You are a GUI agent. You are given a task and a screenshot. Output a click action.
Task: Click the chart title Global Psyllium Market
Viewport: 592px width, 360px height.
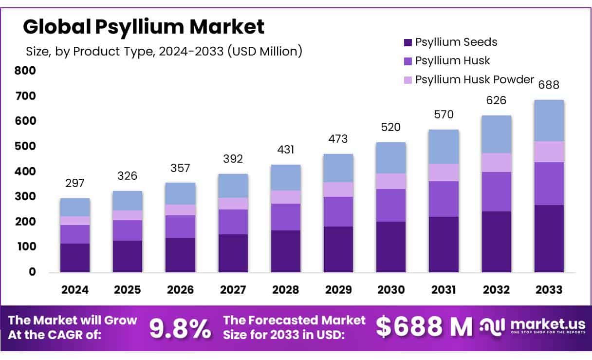point(144,27)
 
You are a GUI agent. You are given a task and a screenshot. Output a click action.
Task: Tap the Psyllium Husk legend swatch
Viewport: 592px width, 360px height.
point(408,61)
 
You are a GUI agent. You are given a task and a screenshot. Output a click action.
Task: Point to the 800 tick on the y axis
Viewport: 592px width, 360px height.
point(25,71)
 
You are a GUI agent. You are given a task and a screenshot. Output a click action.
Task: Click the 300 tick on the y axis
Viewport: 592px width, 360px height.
point(25,197)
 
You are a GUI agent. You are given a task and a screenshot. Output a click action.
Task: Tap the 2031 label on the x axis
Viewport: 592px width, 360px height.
point(444,290)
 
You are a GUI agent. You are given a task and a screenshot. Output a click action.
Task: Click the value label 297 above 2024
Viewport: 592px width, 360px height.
point(75,183)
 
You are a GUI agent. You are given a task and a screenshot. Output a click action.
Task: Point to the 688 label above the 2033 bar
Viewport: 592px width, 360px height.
point(549,85)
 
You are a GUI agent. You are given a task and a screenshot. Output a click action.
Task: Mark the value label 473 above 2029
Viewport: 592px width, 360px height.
point(338,139)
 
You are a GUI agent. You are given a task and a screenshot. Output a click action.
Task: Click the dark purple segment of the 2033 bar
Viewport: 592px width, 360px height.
point(549,239)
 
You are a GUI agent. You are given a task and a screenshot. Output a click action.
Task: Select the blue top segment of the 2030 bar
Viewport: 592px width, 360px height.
point(391,158)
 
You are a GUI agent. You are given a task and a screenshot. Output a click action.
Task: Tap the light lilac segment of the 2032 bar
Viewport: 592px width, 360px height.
point(497,163)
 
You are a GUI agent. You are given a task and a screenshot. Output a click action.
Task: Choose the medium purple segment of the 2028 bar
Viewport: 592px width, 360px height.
point(286,217)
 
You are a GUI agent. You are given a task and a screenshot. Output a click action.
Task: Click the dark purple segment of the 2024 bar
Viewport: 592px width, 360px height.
point(75,258)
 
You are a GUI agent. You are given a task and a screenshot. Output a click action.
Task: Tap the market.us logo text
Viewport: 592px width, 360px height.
point(545,324)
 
